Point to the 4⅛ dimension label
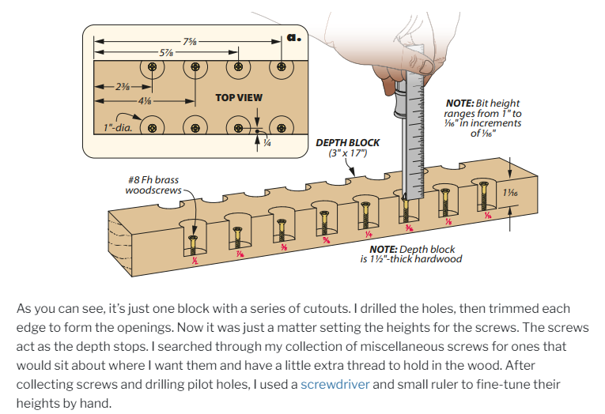point(145,102)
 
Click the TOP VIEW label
point(239,98)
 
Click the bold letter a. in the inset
point(293,36)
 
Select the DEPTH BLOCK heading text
point(347,143)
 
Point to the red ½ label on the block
point(195,260)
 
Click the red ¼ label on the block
point(368,234)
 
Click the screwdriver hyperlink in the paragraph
point(335,385)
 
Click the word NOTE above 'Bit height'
point(459,103)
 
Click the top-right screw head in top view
point(279,68)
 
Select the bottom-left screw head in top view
point(153,126)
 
